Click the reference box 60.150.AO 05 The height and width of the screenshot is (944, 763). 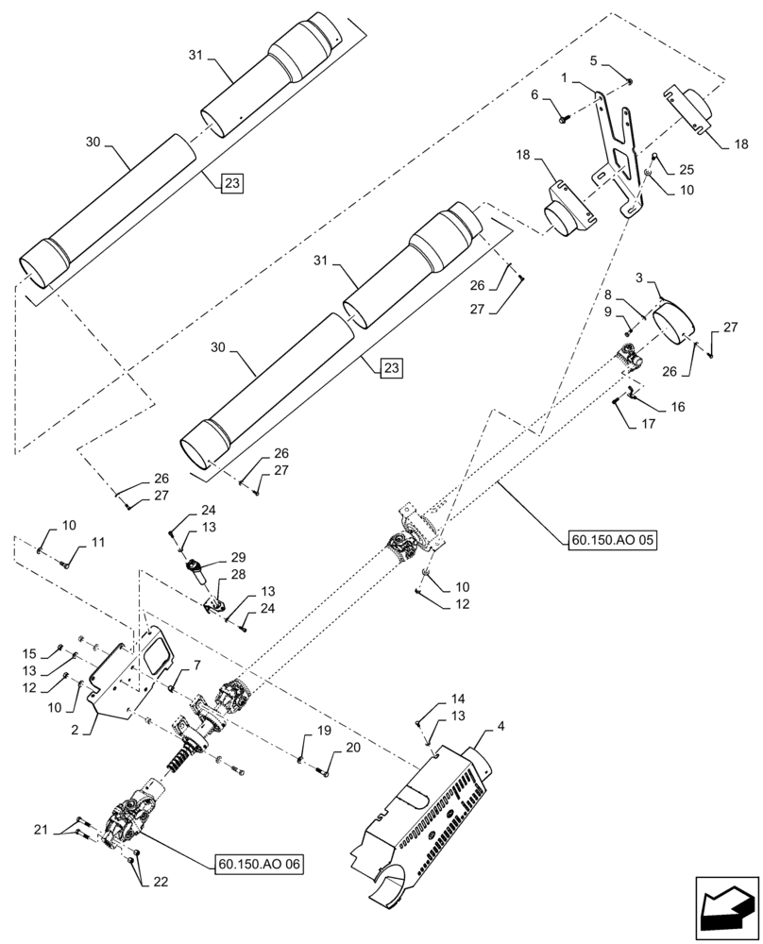[612, 541]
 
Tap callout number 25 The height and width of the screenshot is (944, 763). [686, 169]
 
